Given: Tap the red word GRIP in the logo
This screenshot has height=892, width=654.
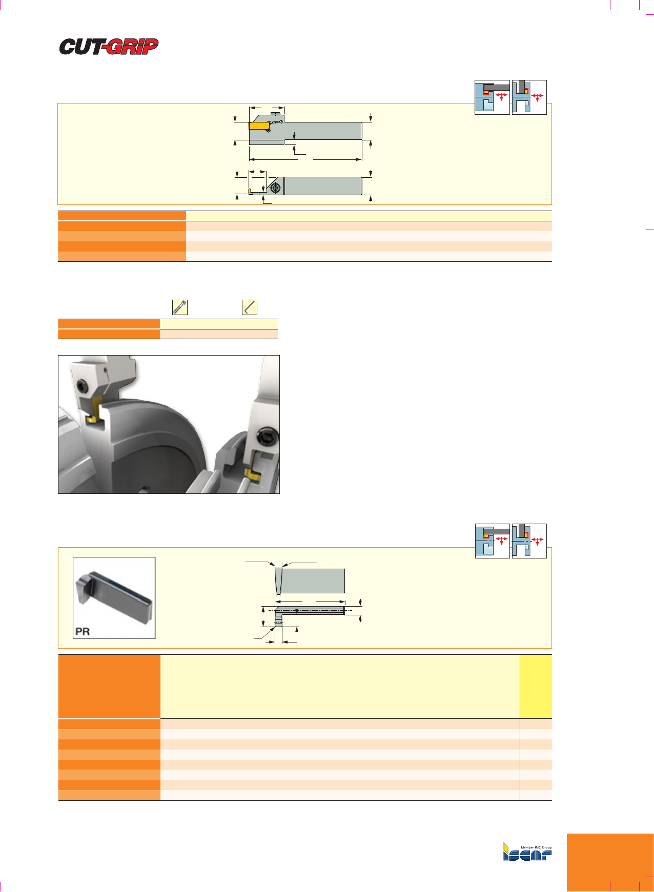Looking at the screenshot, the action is click(x=131, y=47).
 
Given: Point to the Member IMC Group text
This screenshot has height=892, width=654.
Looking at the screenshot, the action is click(x=536, y=847).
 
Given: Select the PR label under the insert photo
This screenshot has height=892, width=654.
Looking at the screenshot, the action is click(x=83, y=631).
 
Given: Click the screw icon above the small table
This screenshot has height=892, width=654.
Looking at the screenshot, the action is click(x=180, y=307).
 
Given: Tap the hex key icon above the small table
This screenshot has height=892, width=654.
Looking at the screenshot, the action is click(x=250, y=307).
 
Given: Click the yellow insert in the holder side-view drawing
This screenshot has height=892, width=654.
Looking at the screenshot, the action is click(x=259, y=126).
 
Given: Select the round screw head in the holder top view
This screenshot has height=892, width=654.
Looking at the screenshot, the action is click(x=276, y=189).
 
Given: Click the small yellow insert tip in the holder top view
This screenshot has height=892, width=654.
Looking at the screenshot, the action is click(x=250, y=192).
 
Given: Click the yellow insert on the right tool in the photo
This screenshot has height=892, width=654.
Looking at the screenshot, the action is click(x=253, y=474).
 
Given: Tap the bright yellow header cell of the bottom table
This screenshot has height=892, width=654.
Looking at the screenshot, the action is click(x=536, y=687).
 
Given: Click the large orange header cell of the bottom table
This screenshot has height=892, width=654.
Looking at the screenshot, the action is click(x=109, y=687).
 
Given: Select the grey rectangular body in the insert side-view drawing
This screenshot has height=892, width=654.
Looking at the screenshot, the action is click(x=313, y=580).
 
